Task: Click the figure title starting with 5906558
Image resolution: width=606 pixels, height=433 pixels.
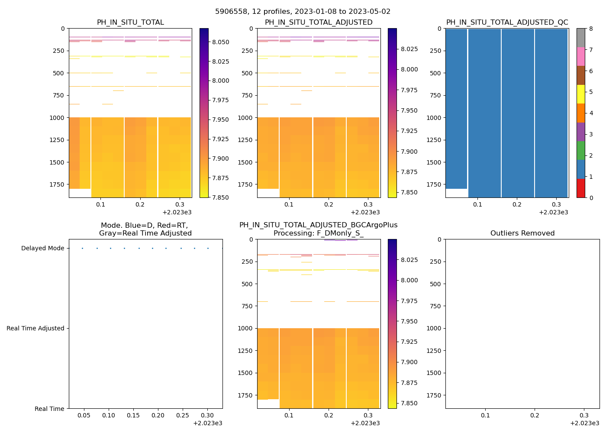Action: point(303,12)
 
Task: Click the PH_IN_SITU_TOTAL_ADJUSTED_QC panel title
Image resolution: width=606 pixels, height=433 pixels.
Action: point(507,23)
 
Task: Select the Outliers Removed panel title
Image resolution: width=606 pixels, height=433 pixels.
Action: point(522,233)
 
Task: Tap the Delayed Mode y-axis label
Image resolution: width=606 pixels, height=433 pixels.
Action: point(42,249)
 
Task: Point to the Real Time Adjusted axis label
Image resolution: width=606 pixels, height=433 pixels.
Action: point(35,329)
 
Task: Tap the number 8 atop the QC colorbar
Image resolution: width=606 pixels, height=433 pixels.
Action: point(591,29)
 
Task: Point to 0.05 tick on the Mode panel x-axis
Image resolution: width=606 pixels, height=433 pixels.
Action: point(84,416)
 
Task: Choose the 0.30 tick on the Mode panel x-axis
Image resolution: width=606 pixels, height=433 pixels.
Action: point(208,416)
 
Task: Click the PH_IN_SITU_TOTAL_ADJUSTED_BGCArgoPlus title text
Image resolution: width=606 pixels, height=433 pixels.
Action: point(318,225)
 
